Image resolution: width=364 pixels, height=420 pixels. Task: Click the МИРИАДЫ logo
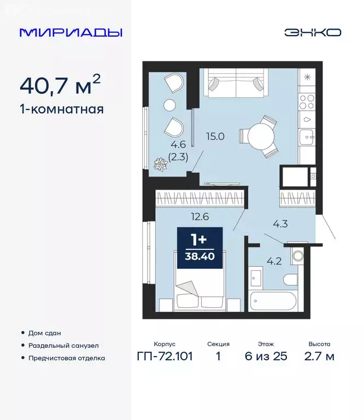[71, 32]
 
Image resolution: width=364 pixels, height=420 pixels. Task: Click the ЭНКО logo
[312, 32]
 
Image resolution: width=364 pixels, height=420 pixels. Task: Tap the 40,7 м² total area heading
[60, 85]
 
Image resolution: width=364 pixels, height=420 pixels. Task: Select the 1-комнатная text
[61, 109]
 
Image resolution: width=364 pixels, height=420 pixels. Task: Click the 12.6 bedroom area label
[186, 215]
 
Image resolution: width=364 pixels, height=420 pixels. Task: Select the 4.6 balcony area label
[162, 145]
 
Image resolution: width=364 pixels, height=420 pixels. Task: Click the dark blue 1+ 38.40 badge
[200, 247]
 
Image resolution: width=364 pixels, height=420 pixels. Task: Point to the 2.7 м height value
[319, 357]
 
